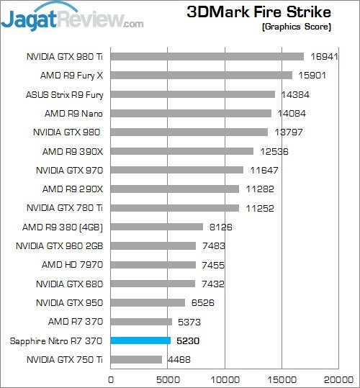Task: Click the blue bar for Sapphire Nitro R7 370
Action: pos(140,340)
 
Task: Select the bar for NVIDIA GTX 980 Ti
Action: pos(207,56)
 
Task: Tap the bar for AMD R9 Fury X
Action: pos(202,75)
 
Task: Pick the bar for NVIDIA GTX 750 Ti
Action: pos(136,359)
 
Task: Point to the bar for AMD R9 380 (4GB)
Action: pos(157,227)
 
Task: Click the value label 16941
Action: pos(324,57)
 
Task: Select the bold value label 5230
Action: pos(188,340)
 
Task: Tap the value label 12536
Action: pos(274,151)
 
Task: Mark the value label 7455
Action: pos(213,265)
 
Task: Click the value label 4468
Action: pos(179,359)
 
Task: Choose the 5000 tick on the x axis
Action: pos(168,379)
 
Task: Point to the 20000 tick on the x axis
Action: pos(338,379)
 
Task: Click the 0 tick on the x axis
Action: pos(111,379)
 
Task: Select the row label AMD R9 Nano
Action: pos(73,113)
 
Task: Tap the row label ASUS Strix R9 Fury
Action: pos(64,95)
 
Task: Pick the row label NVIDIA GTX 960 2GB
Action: pos(59,246)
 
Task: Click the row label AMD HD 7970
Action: pos(72,265)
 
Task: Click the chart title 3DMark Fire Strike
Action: pos(258,12)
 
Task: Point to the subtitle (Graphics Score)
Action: pos(297,27)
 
